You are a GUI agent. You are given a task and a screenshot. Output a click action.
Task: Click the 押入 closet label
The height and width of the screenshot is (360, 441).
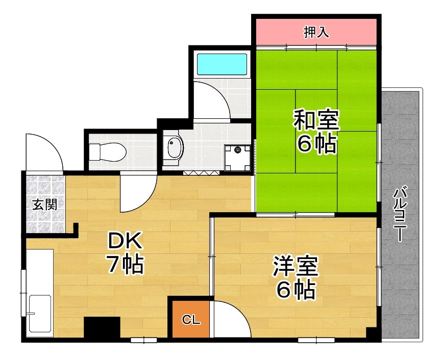pos(316,33)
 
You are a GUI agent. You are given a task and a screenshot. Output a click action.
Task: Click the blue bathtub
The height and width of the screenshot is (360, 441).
pos(222,64)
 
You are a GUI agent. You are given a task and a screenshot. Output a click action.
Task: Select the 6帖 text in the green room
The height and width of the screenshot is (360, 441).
pos(316,145)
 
